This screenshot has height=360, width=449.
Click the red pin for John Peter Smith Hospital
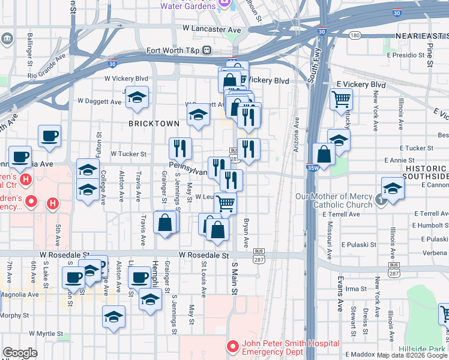click(x=232, y=347)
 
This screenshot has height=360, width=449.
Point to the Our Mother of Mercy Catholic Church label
click(x=334, y=200)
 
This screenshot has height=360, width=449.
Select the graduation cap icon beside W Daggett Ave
click(x=137, y=97)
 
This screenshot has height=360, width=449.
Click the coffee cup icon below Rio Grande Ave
click(x=49, y=135)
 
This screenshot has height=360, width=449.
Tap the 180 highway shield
click(x=355, y=35)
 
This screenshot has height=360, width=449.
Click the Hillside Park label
click(x=423, y=348)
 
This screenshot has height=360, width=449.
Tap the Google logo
click(x=20, y=353)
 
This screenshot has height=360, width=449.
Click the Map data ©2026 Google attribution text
click(x=412, y=355)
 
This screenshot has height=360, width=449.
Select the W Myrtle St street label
click(x=42, y=334)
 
